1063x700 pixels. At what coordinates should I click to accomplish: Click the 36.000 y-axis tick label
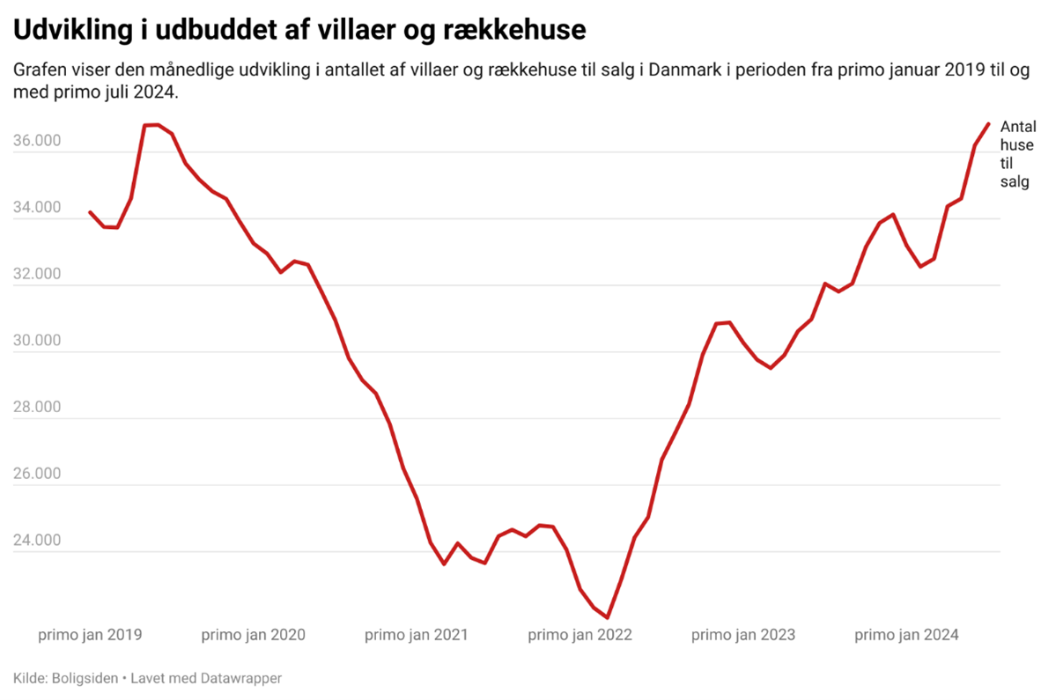pos(37,142)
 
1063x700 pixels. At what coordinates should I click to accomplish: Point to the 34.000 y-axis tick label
pos(37,209)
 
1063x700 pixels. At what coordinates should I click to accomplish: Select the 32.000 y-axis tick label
pos(37,275)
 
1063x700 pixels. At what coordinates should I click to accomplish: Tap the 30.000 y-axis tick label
pos(37,342)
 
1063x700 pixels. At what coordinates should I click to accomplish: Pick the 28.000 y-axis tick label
pos(37,408)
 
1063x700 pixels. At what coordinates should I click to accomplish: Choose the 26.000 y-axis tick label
pos(37,475)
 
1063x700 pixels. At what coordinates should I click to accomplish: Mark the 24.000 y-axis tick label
pos(37,541)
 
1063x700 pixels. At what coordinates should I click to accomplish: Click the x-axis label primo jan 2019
pos(91,635)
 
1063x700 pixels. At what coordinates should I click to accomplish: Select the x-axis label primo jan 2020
pos(254,635)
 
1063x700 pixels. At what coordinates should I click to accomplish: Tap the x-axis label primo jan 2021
pos(417,635)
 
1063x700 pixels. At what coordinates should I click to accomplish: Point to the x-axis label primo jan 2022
pos(580,635)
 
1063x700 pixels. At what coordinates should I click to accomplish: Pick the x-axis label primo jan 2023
pos(743,635)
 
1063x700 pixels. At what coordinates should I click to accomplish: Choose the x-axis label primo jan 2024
pos(906,635)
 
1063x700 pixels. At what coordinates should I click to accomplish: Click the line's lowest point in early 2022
pos(608,618)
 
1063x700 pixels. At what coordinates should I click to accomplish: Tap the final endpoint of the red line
pos(989,123)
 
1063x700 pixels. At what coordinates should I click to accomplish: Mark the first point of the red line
pos(90,211)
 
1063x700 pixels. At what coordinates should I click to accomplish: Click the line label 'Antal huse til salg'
pos(1017,155)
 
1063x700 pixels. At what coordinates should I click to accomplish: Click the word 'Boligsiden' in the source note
pos(84,678)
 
